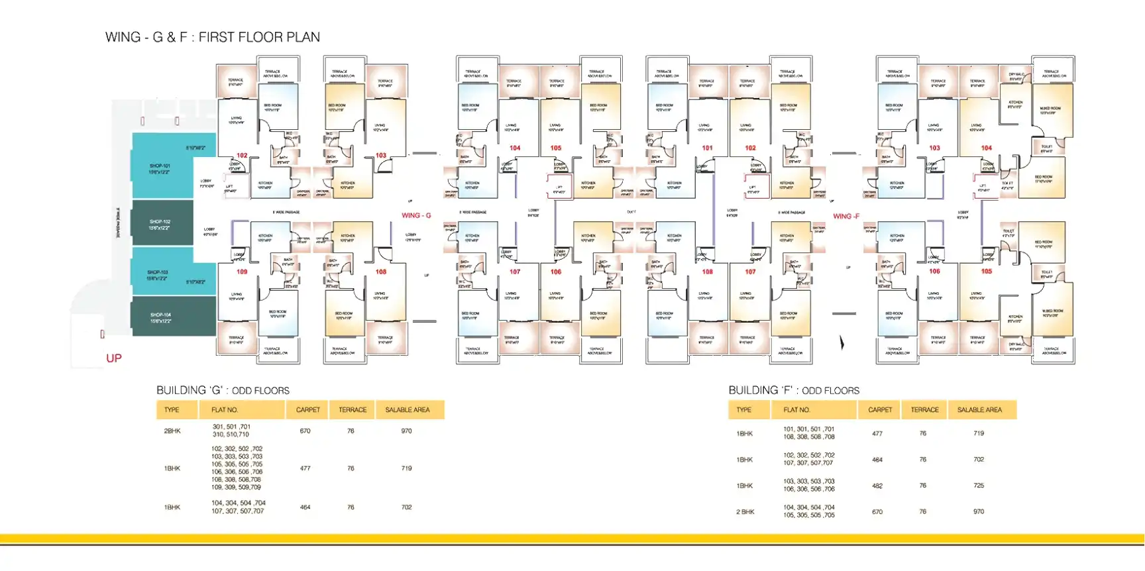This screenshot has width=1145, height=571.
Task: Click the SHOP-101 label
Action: tap(159, 166)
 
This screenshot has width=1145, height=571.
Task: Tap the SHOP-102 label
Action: tap(159, 222)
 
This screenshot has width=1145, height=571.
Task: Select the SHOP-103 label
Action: tap(158, 272)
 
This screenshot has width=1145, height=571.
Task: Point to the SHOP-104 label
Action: tap(160, 315)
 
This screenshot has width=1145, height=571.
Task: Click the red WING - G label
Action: tap(416, 215)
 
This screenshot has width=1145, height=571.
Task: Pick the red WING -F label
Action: tap(846, 217)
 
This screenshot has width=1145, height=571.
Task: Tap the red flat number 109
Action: tap(242, 272)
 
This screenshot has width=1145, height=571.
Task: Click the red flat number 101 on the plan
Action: tap(708, 148)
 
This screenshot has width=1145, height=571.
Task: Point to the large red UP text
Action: tap(114, 358)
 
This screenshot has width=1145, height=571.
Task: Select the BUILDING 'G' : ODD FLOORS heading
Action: tap(223, 391)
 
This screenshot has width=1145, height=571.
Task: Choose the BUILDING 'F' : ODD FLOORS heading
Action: tap(794, 391)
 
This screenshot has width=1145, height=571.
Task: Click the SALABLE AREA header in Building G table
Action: tap(408, 410)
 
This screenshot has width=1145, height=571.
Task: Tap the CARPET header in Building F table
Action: tap(880, 410)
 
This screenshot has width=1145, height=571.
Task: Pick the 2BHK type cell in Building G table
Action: tap(172, 431)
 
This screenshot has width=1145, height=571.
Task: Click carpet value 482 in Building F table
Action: tap(877, 486)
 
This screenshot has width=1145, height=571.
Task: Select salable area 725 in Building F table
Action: tap(979, 486)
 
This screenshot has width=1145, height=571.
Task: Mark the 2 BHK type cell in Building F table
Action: tap(745, 512)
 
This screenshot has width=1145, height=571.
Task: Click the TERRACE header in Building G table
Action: tap(353, 410)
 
